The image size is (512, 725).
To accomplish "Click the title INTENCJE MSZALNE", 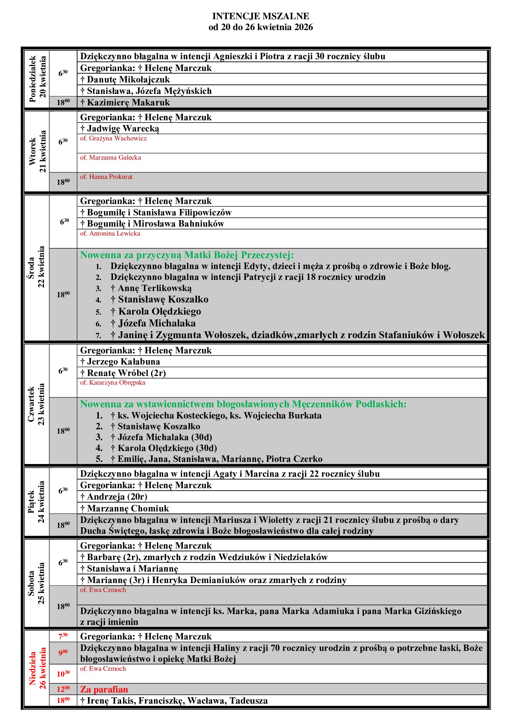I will pos(260,16).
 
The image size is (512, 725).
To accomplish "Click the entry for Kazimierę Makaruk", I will pos(125,103).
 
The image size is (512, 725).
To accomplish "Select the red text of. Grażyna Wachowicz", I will pos(113,138).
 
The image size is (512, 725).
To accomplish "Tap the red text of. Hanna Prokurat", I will pos(106,177).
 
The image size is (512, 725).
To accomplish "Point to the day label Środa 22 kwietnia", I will pos(36,267).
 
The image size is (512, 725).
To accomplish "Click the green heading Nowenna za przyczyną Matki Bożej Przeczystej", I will pos(187,255).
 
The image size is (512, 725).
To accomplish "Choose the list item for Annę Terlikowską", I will pos(151,288).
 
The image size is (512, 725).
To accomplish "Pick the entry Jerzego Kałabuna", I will pos(120,361).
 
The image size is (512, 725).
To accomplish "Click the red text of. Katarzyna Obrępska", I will pos(113,383).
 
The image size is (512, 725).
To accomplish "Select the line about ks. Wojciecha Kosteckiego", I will pos(216,416).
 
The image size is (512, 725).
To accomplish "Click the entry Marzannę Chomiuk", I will pos(124,508).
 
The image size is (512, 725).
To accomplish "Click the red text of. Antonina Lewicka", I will pos(110,234).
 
